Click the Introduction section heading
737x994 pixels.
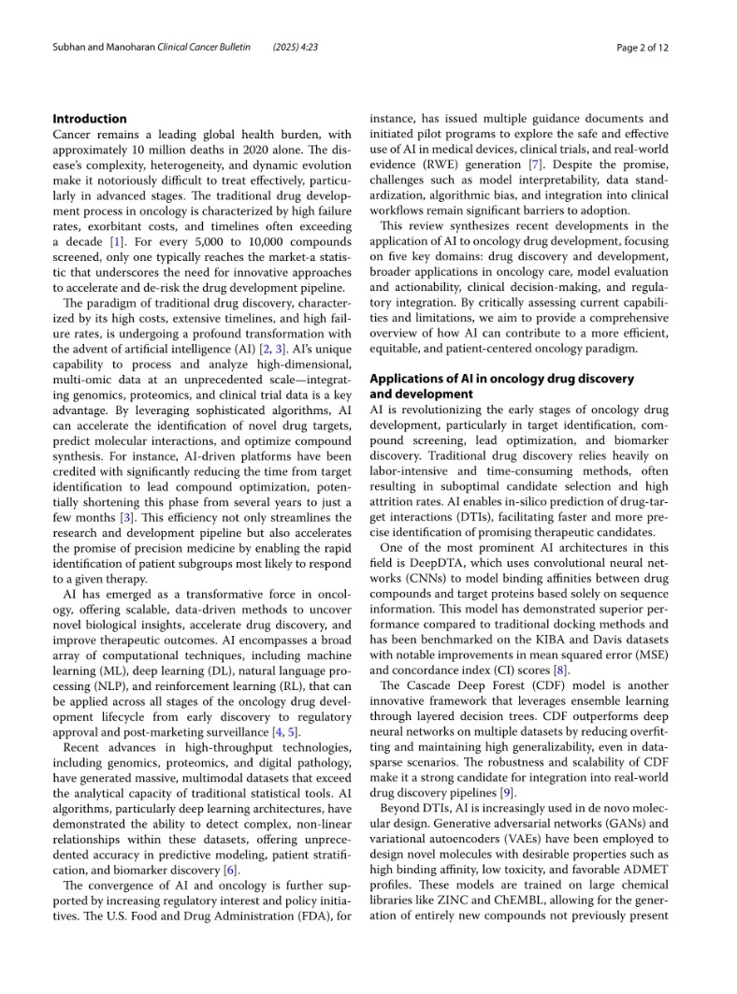(x=90, y=119)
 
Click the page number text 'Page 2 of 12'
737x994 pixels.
(x=643, y=48)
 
